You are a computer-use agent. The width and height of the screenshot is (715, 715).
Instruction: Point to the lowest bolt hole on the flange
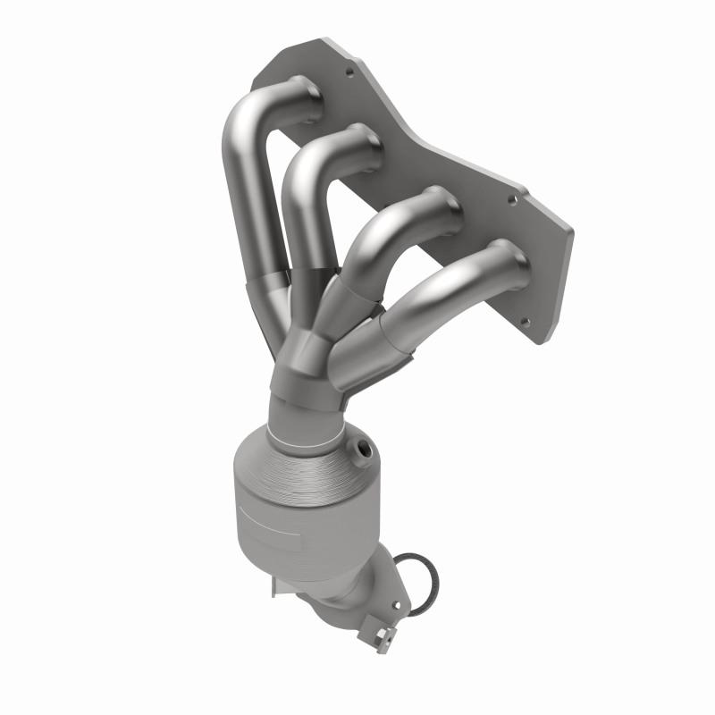pos(526,323)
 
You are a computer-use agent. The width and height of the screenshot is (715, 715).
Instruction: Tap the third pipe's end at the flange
pos(444,206)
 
